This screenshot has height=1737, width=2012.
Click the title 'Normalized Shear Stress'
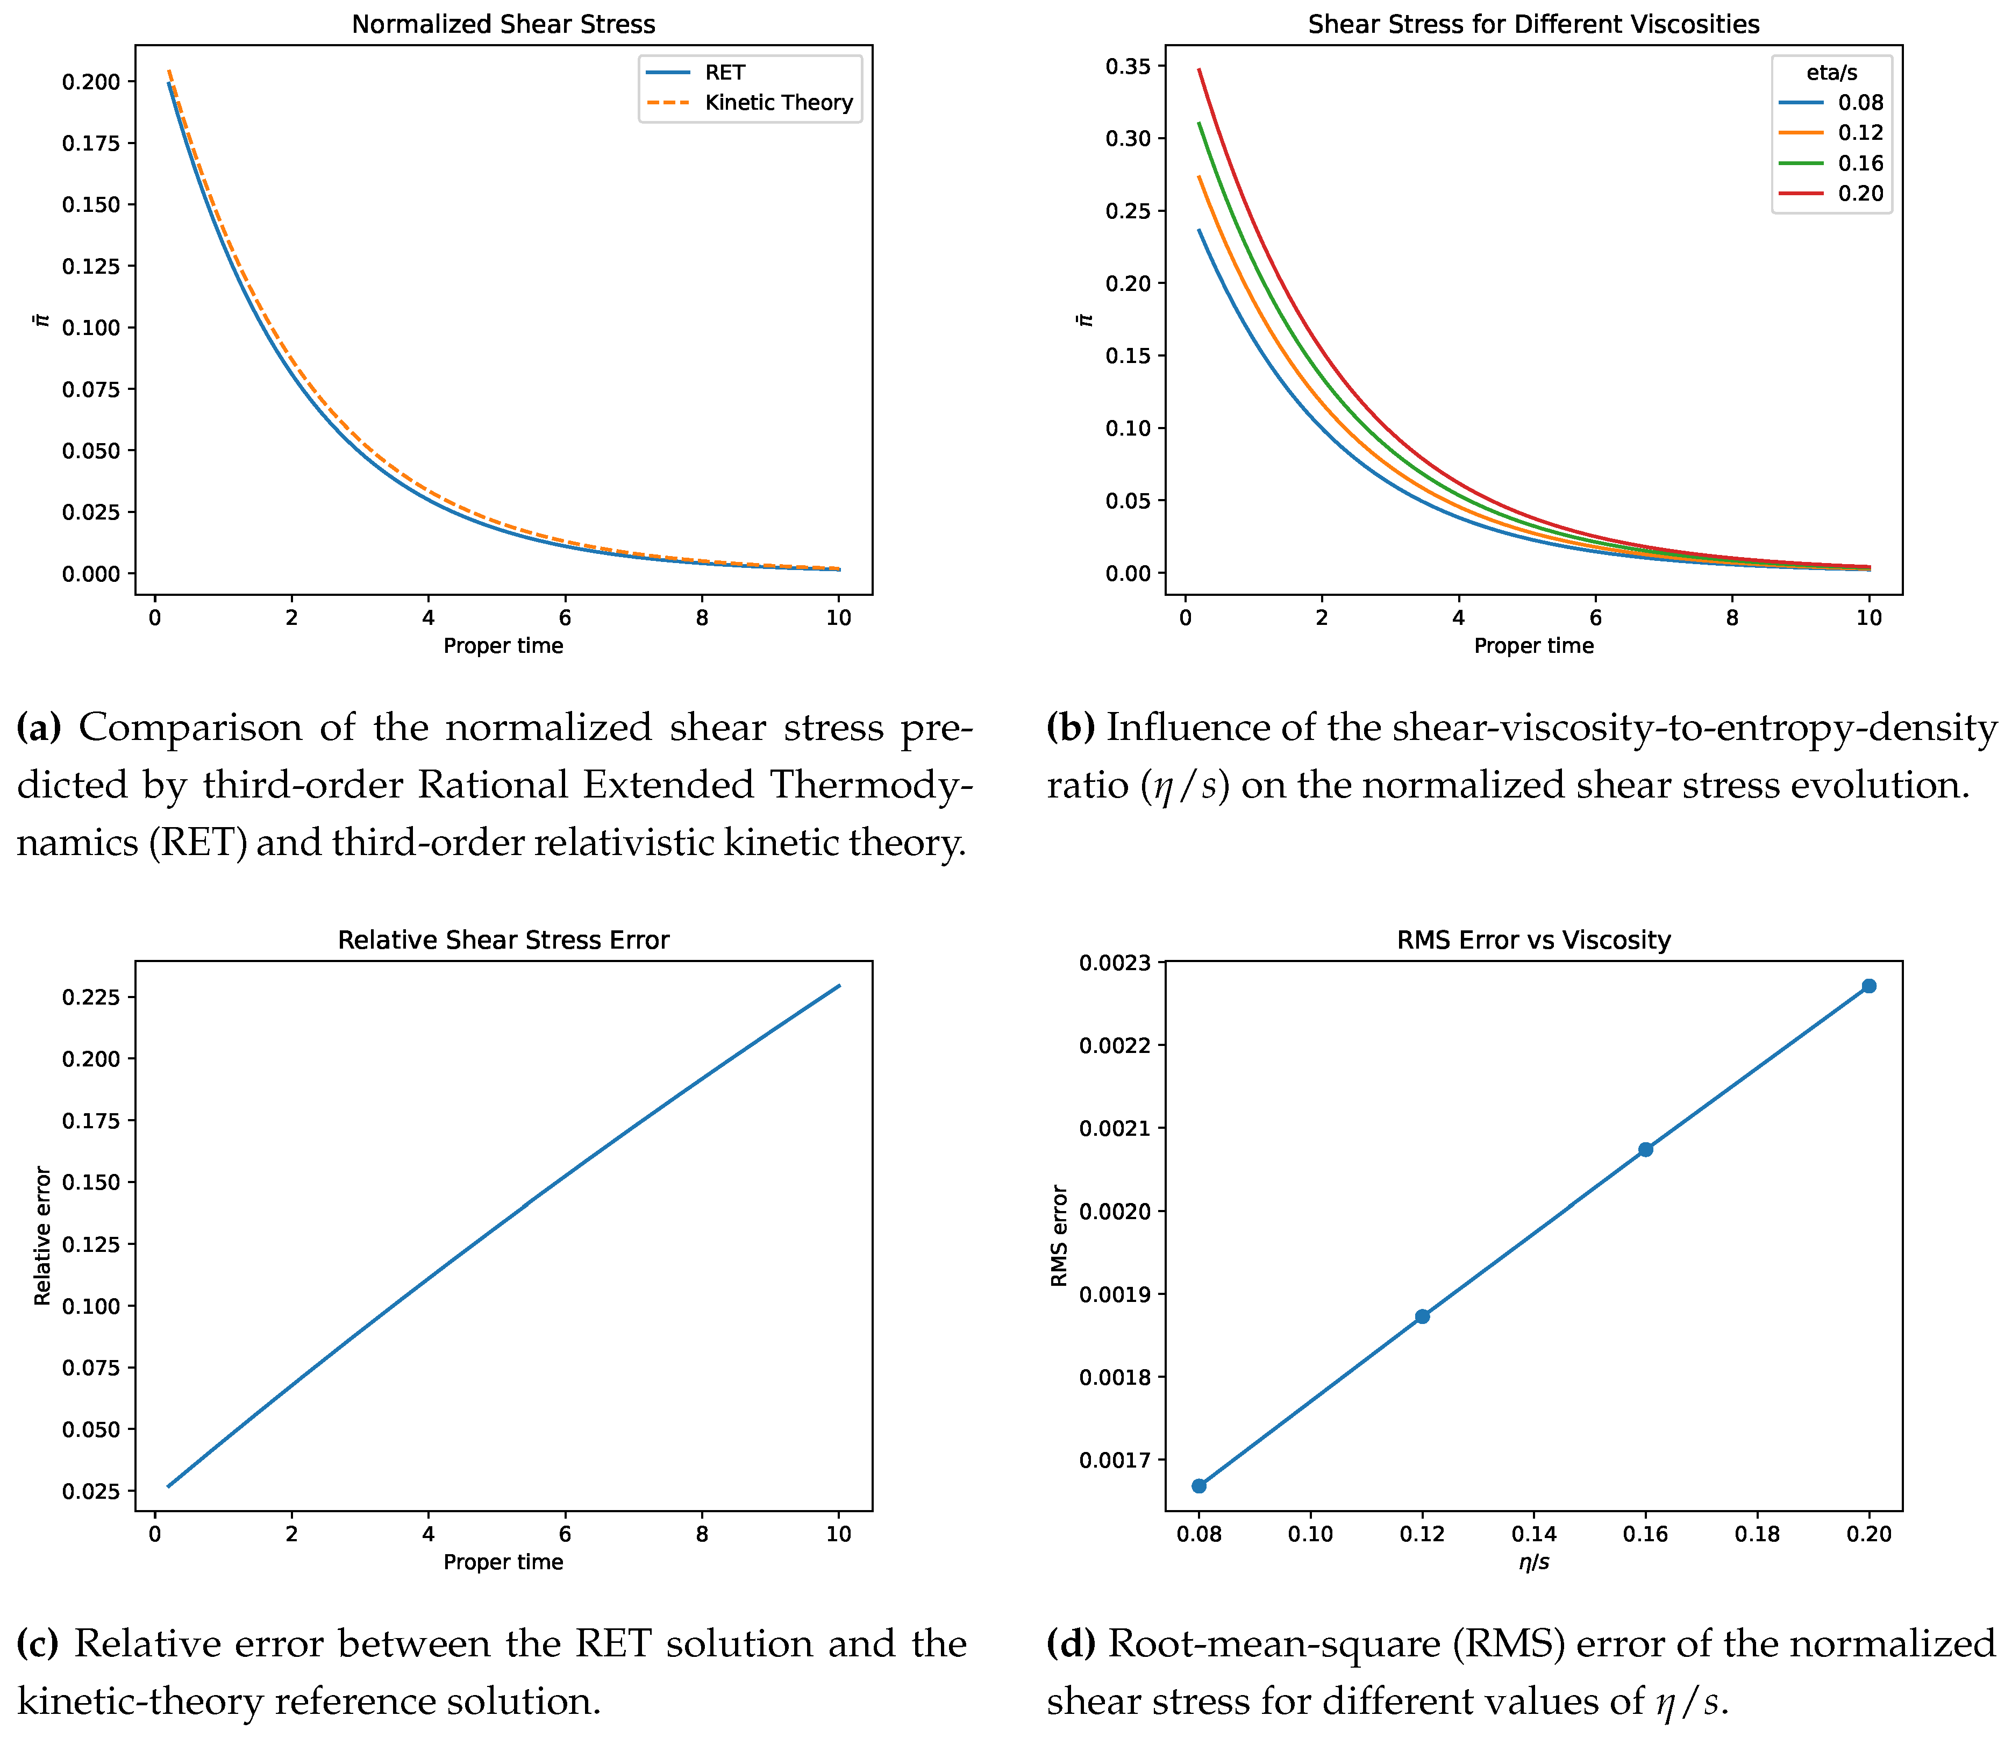[503, 24]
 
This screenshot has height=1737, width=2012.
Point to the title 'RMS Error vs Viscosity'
[1533, 941]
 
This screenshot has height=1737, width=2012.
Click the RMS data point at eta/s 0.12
[1423, 1316]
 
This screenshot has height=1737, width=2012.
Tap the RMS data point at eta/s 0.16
[1646, 1149]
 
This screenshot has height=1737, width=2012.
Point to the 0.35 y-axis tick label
[1129, 66]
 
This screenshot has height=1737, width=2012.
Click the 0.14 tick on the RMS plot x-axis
[1533, 1534]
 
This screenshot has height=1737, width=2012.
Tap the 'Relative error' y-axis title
[42, 1236]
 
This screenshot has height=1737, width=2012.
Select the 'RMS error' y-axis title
[1059, 1236]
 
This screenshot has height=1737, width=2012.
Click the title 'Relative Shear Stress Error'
[503, 941]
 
